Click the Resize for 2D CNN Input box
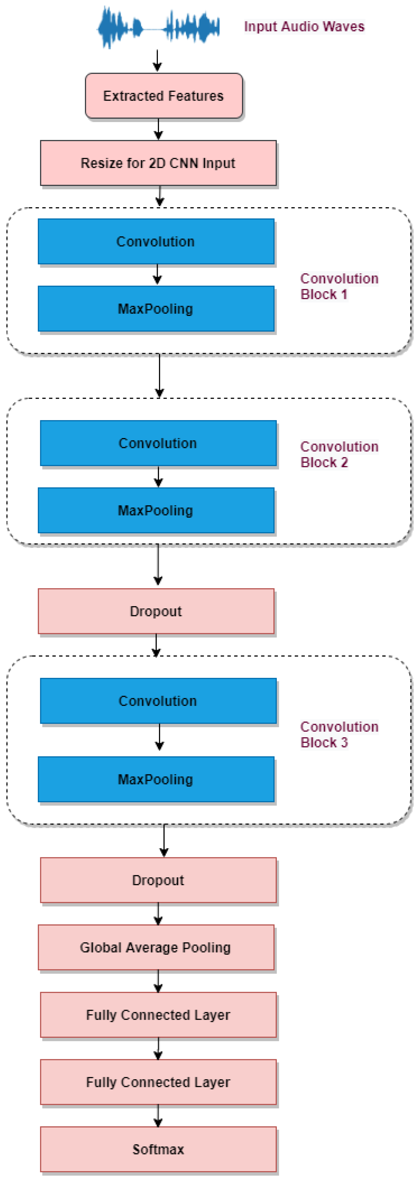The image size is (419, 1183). tap(158, 163)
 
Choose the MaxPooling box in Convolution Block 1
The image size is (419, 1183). tap(156, 309)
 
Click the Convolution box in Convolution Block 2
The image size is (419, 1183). tap(158, 443)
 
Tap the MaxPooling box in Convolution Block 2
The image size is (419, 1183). tap(156, 510)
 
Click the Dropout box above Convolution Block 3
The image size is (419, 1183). tap(156, 611)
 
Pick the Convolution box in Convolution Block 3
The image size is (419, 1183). tap(158, 701)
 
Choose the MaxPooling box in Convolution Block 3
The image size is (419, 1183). tap(156, 779)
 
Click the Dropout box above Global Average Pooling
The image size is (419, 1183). tap(158, 880)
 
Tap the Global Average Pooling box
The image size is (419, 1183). tap(156, 947)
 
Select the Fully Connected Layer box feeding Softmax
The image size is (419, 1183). tap(158, 1082)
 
